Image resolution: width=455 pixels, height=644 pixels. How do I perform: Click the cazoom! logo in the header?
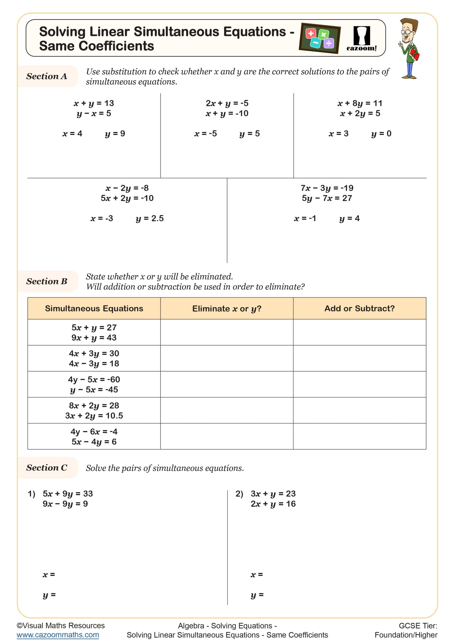(362, 39)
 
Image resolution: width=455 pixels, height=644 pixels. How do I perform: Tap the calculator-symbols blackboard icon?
(320, 38)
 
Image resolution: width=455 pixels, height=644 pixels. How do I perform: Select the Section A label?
(47, 76)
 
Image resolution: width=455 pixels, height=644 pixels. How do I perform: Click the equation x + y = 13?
(93, 103)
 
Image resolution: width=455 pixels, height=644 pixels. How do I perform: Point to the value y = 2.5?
(149, 219)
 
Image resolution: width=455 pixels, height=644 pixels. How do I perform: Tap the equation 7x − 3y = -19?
(327, 188)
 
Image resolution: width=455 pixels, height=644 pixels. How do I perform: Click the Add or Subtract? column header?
(359, 308)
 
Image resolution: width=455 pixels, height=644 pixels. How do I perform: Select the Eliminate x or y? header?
(227, 308)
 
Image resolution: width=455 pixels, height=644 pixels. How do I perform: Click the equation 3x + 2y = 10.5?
(94, 416)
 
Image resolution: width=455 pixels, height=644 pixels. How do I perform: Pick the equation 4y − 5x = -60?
(94, 380)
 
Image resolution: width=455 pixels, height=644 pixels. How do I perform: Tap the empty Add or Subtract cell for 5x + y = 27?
(359, 332)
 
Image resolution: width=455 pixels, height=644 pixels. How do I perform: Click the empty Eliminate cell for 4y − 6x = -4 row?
(227, 436)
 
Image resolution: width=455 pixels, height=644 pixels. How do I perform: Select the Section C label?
(47, 468)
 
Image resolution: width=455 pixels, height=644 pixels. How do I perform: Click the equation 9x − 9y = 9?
(65, 504)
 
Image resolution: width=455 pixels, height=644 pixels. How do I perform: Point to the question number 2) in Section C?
(239, 494)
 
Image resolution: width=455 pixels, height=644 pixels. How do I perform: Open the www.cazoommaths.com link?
(58, 635)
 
